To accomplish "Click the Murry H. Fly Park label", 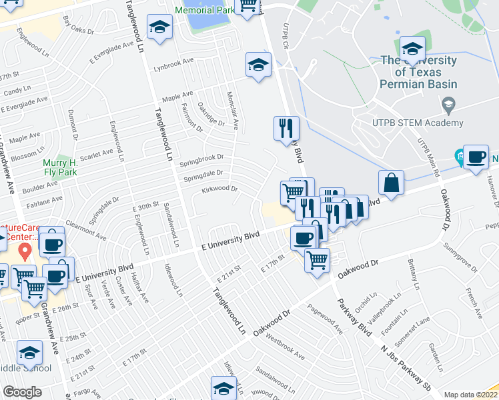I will (60, 167).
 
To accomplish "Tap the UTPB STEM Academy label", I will (418, 123).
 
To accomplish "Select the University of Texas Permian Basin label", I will (418, 72).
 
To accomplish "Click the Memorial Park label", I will (204, 11).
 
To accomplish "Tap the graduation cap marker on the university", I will (412, 49).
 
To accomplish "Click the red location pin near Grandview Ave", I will (25, 252).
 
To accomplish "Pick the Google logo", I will (22, 391).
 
